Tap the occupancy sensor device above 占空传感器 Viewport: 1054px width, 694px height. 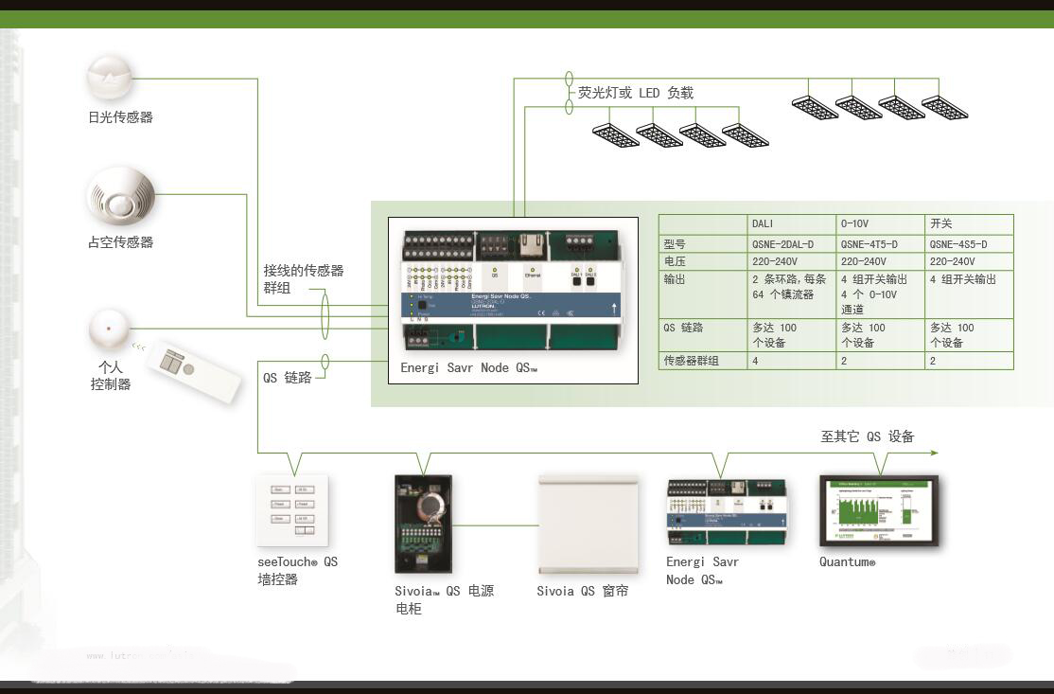pos(120,197)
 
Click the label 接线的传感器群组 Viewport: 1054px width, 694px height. pos(303,279)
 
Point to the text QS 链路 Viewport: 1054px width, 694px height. pos(287,377)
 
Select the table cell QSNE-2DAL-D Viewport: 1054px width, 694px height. pos(782,244)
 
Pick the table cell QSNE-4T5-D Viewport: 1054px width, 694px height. pos(870,244)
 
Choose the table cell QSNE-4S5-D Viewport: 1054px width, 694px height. pos(958,244)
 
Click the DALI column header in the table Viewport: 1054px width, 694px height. pos(763,224)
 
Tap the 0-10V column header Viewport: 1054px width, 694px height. pos(854,224)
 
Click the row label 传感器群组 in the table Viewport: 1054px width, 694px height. pos(691,361)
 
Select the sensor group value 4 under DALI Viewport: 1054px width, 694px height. pos(755,361)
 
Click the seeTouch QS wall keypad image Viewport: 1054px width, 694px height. pos(292,509)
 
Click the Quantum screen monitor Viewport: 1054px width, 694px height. pos(879,511)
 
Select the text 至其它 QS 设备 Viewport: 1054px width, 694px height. pos(867,436)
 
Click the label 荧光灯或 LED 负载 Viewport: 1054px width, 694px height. pos(636,93)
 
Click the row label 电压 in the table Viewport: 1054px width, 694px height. pos(675,261)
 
